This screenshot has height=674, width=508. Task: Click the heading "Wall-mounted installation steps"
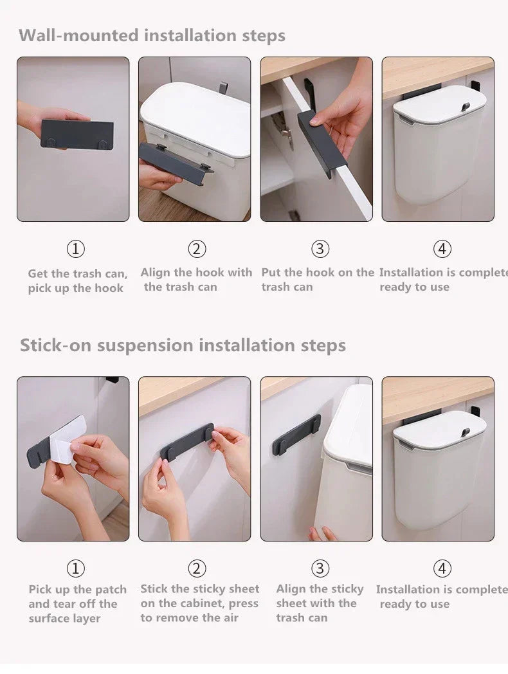152,35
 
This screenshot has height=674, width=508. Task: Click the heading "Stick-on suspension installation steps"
183,345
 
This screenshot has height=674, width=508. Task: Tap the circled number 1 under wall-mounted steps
76,249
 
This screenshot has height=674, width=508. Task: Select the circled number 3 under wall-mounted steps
320,249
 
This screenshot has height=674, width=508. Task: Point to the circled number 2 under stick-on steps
197,569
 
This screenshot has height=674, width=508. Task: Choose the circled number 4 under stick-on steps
442,569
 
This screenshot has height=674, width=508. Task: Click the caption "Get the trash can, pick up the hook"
77,281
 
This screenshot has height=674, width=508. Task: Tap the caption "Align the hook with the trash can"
196,280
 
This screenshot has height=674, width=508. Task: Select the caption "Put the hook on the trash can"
317,280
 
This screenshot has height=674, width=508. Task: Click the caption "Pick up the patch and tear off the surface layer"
77,604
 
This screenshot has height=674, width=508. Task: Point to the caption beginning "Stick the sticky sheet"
199,603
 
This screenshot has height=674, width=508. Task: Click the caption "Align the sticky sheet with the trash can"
320,603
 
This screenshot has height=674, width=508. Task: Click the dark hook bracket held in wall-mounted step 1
77,134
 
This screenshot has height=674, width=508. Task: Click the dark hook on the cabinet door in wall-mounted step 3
322,143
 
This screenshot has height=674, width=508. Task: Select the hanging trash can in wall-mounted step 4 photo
439,154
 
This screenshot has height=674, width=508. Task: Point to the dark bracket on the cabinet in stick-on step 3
296,435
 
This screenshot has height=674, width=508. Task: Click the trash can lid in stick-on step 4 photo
439,427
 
